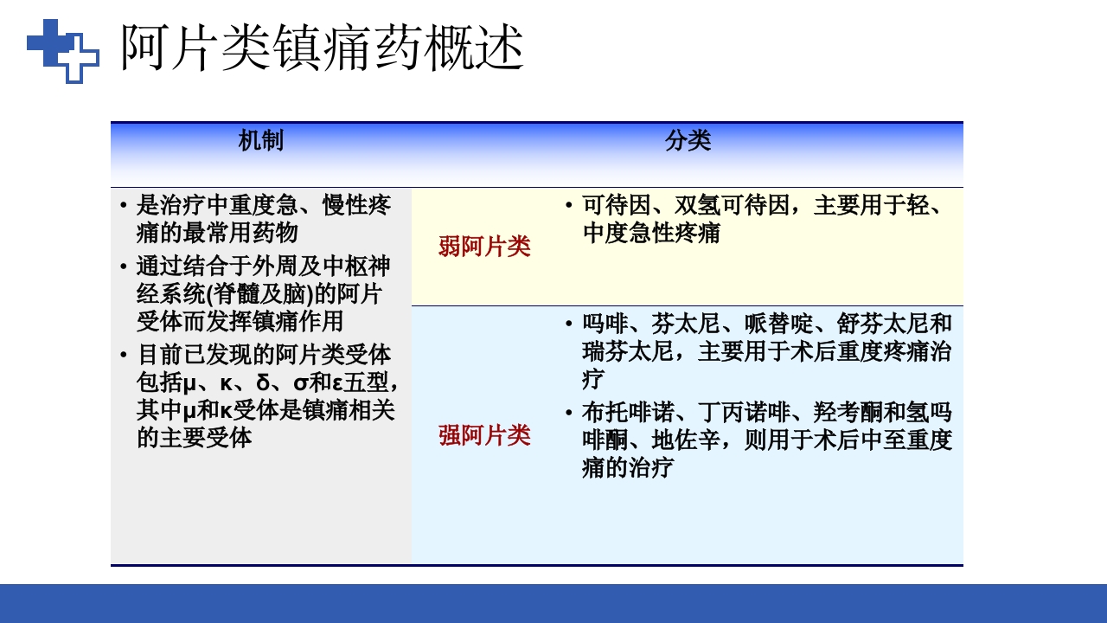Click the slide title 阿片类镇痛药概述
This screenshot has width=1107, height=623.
click(x=322, y=48)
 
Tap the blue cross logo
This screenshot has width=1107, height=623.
click(x=62, y=50)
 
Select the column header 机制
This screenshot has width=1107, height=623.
click(x=260, y=141)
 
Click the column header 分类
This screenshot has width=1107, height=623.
click(x=688, y=141)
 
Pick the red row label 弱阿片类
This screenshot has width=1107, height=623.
click(x=484, y=247)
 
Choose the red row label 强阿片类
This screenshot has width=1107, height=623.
click(x=484, y=435)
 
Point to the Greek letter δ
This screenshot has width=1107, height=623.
click(x=263, y=382)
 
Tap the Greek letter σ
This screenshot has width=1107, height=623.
click(x=301, y=382)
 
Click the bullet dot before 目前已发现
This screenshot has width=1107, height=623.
click(x=125, y=355)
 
